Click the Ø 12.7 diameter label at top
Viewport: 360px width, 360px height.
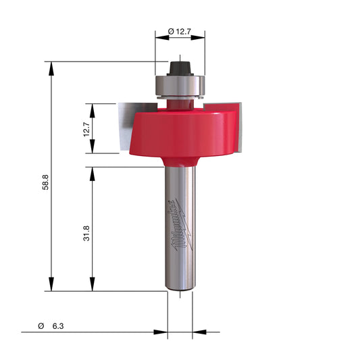(180, 32)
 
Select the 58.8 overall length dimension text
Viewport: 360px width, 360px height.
(46, 182)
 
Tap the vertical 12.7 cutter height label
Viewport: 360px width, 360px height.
(87, 129)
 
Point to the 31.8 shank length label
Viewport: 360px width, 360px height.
(86, 233)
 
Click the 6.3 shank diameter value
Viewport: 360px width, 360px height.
(58, 326)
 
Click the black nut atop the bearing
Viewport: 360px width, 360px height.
(180, 68)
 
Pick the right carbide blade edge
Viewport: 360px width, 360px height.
(240, 127)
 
